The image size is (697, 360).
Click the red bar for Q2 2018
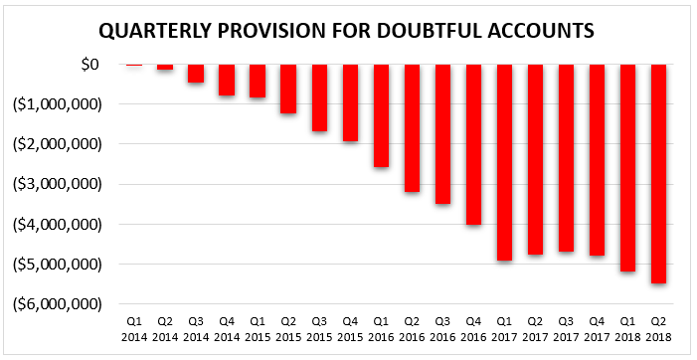[x=659, y=174]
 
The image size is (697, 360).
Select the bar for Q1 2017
[x=504, y=162]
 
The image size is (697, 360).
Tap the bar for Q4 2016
[x=473, y=144]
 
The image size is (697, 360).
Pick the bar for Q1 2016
[x=381, y=115]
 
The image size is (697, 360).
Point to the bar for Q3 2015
[x=319, y=97]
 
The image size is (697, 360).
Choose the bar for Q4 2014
[x=227, y=80]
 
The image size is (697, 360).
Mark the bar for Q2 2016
[x=412, y=128]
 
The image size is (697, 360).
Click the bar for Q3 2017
[x=566, y=158]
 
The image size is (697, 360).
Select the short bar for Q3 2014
[x=196, y=74]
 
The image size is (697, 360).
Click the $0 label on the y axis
[x=89, y=65]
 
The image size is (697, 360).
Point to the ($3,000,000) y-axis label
[x=58, y=184]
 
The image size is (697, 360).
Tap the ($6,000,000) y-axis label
[x=58, y=304]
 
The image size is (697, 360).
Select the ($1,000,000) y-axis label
[x=58, y=104]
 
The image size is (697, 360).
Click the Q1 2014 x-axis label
[x=134, y=329]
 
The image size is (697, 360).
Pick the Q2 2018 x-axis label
[x=659, y=329]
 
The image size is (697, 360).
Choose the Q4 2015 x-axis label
[x=350, y=329]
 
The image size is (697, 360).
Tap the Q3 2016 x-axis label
[x=442, y=329]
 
